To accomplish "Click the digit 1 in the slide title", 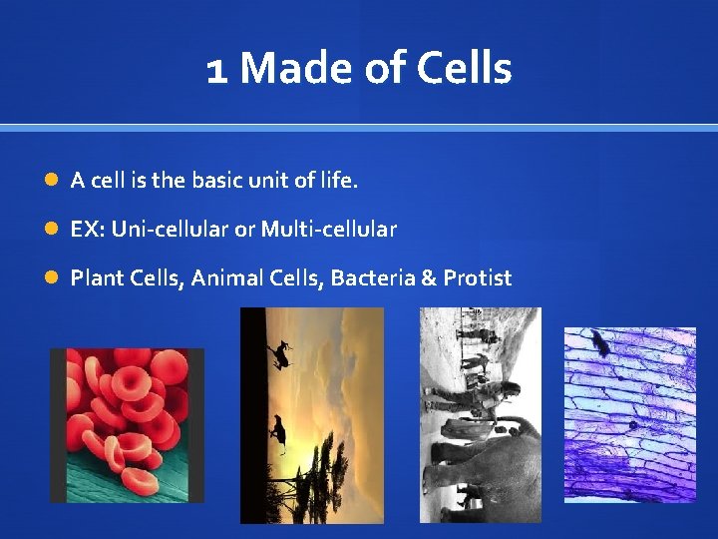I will pyautogui.click(x=216, y=70).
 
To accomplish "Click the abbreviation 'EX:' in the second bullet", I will pyautogui.click(x=87, y=230).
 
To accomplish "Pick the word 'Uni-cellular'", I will pyautogui.click(x=170, y=230).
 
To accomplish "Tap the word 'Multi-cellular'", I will pyautogui.click(x=329, y=230).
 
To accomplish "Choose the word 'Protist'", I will pyautogui.click(x=478, y=277).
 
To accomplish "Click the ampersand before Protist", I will pyautogui.click(x=429, y=277).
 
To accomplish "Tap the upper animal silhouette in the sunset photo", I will pyautogui.click(x=280, y=352).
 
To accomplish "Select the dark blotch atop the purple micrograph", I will pyautogui.click(x=600, y=343).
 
